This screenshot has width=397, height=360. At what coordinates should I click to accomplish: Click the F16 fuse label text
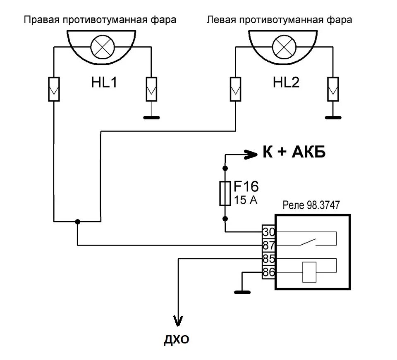[x=247, y=187]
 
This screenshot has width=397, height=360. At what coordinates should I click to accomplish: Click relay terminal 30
[x=268, y=232]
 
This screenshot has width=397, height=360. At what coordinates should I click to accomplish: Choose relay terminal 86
[x=268, y=272]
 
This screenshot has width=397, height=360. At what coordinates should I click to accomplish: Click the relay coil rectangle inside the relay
[x=309, y=272]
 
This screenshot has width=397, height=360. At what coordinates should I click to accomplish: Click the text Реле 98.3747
[x=311, y=205]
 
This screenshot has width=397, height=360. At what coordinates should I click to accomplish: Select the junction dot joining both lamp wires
[x=78, y=222]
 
